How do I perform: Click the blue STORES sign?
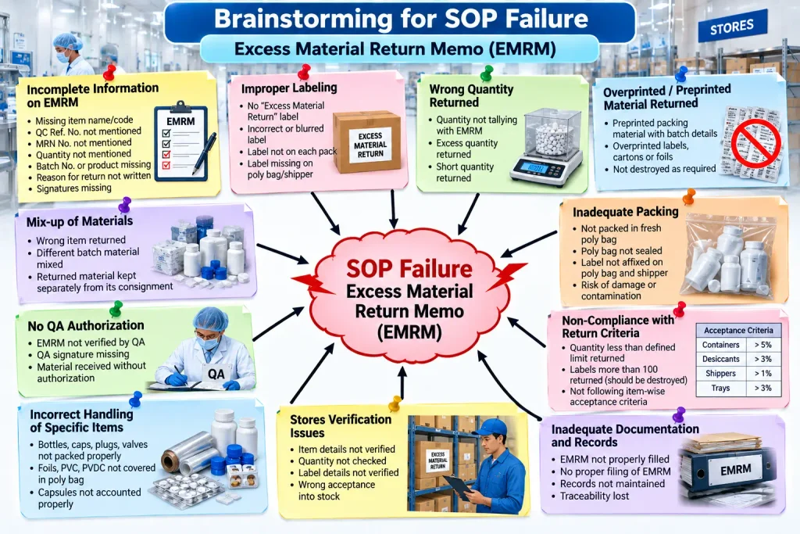coord(731,27)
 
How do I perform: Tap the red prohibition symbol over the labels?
coord(755,142)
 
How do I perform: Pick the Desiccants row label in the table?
coord(720,359)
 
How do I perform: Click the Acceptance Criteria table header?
coord(739,330)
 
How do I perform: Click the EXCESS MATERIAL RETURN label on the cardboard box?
coord(370,145)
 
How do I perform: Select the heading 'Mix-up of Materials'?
coord(80,221)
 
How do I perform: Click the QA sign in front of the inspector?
coord(216,375)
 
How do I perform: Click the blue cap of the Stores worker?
coord(491,427)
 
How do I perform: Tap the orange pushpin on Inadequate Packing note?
coord(688,196)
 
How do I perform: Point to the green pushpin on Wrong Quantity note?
coord(487,73)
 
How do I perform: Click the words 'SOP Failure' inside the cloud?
coord(409,268)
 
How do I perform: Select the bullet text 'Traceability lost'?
coord(595,496)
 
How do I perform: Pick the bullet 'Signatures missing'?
coord(73,188)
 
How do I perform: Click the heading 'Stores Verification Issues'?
coord(341,426)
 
